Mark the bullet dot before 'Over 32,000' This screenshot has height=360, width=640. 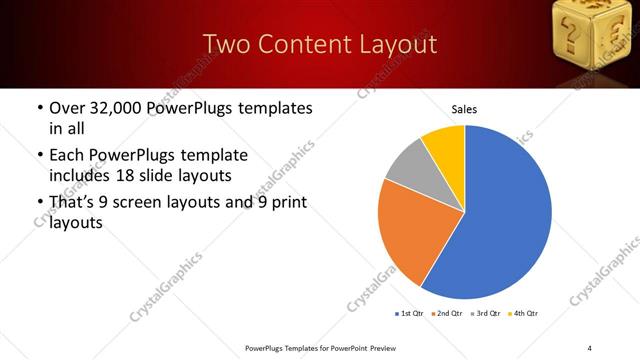click(39, 109)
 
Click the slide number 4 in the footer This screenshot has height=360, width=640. click(590, 347)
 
